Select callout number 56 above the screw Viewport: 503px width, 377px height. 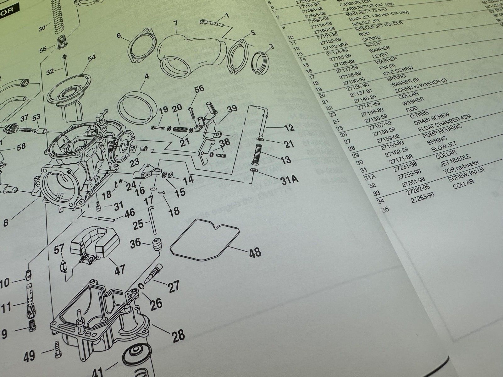click(x=199, y=90)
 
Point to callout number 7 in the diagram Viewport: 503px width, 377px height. click(x=175, y=23)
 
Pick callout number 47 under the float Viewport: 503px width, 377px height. click(x=120, y=269)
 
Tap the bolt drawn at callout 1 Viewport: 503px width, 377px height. click(x=212, y=23)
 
